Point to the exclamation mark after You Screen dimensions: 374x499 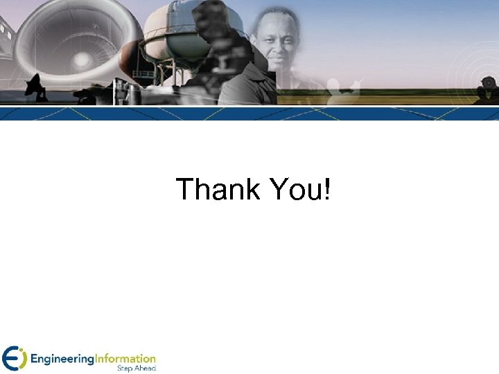tap(326, 189)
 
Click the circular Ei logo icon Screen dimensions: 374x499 tap(13, 358)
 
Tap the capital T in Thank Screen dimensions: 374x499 tap(184, 189)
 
